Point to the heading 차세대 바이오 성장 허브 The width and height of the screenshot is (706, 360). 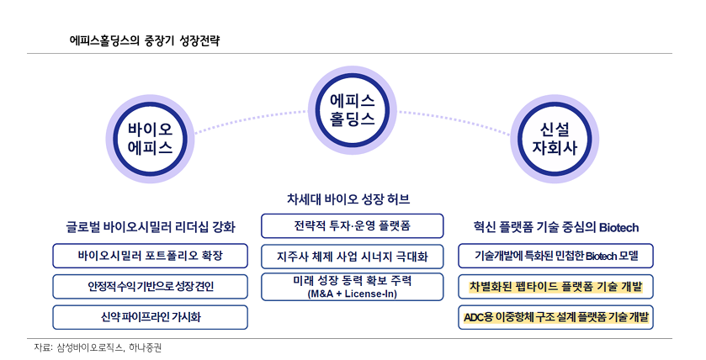pos(352,199)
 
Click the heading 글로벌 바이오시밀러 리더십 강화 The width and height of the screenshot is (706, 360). pos(151,227)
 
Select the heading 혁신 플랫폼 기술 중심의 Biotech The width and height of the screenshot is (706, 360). pos(556,227)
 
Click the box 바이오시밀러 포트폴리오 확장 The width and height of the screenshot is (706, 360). pos(151,255)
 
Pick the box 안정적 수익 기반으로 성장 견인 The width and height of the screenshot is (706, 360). pos(151,286)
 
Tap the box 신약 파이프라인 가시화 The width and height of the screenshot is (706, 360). pos(151,317)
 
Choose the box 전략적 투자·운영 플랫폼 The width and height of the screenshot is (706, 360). pos(352,226)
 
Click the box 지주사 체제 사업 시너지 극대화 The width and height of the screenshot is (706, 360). pos(352,255)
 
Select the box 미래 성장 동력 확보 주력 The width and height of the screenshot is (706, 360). pos(352,281)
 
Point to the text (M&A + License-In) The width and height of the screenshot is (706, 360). pos(352,294)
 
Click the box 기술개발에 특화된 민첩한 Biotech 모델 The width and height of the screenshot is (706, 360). pos(556,255)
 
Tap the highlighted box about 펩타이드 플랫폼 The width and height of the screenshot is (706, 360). pos(556,286)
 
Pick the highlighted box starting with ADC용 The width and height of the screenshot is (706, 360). pos(556,317)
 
